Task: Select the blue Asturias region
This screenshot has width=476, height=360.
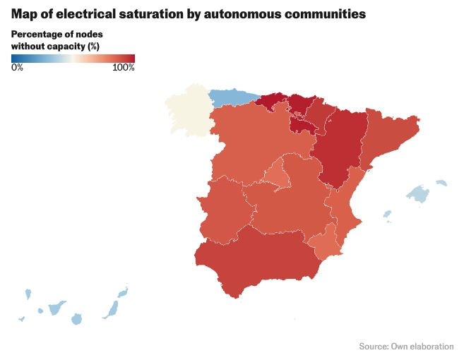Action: click(231, 97)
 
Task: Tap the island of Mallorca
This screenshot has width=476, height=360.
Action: click(420, 193)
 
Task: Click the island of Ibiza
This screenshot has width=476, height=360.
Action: click(386, 213)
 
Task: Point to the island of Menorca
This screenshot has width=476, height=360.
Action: click(441, 183)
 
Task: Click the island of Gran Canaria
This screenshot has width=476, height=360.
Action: click(77, 320)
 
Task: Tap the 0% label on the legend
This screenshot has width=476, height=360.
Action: click(17, 67)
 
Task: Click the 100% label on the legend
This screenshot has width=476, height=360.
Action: click(124, 67)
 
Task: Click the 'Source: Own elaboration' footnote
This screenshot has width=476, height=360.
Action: click(406, 346)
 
